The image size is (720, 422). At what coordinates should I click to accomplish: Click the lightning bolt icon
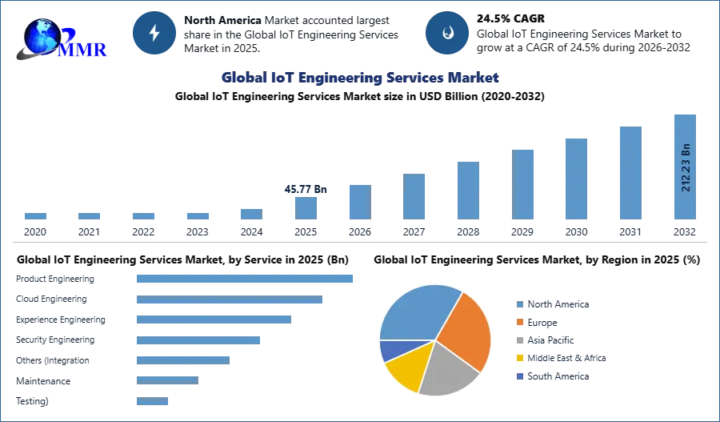point(155,33)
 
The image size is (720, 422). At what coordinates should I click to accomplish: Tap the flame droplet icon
point(447,33)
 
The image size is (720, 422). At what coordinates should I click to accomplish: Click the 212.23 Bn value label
point(686,167)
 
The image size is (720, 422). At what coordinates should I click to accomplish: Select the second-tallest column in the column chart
point(630,172)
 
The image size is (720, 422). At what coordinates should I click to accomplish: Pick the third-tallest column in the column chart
point(576,179)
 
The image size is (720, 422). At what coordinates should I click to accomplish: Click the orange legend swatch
point(518,322)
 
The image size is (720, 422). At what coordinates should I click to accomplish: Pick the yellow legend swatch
point(518,358)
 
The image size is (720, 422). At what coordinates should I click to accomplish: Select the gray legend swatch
point(518,340)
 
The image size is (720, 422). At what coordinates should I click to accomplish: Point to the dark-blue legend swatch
point(518,376)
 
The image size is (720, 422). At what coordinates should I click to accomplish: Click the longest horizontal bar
point(246,279)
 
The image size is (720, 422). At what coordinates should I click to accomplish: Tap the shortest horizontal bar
point(153,402)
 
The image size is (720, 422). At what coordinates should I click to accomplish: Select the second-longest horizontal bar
point(230,300)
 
